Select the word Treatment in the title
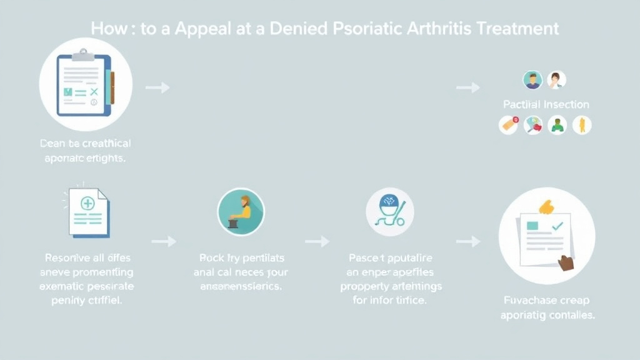518,29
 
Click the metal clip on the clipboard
83,56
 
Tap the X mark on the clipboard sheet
94,92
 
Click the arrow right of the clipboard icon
157,87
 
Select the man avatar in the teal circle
532,80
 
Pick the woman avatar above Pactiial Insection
556,80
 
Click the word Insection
566,104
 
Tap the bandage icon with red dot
509,124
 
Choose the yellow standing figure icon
582,124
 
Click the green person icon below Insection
557,125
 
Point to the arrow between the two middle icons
317,241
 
